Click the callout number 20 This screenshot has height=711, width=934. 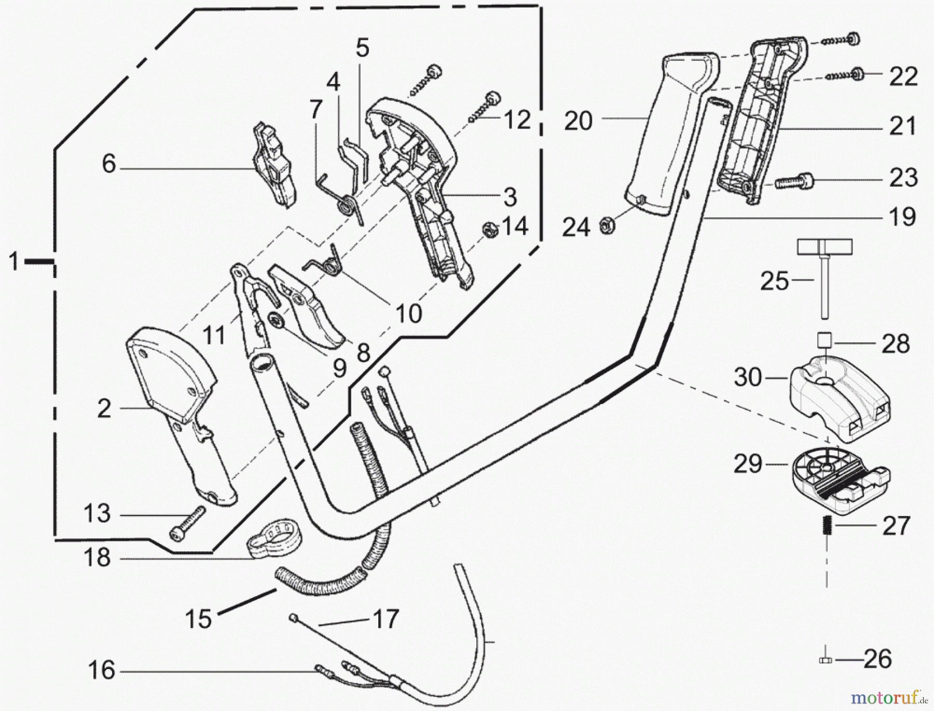click(x=578, y=121)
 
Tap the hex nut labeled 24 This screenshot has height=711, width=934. click(x=605, y=225)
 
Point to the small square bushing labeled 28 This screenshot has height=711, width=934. click(x=825, y=341)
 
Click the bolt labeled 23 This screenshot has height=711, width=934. click(x=793, y=182)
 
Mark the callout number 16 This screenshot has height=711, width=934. click(x=101, y=671)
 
